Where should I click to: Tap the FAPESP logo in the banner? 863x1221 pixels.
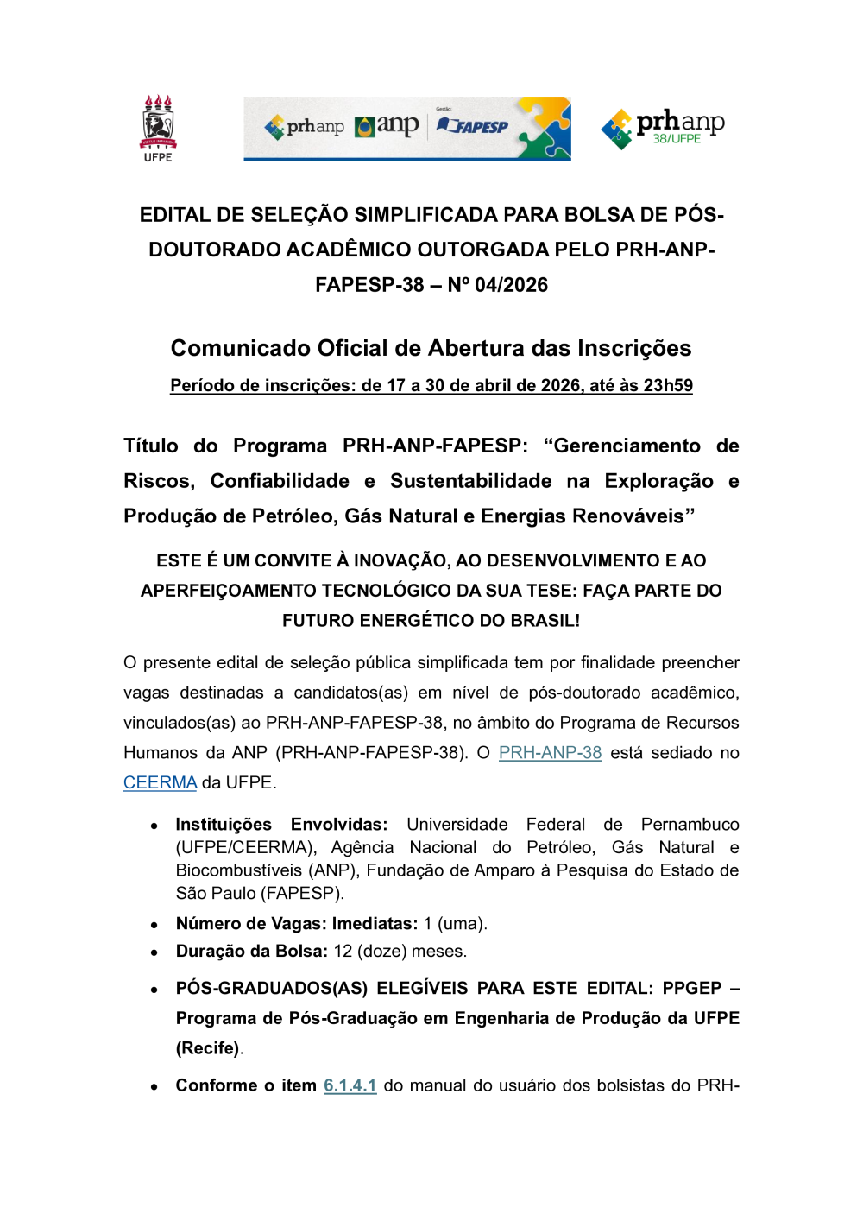pos(473,126)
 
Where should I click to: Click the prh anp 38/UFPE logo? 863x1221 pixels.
pos(663,128)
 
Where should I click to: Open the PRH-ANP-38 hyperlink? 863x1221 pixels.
pos(550,752)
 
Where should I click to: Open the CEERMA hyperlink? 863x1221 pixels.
pos(160,782)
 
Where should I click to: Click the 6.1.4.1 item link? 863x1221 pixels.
pos(350,1085)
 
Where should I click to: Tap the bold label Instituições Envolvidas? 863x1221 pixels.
pos(281,825)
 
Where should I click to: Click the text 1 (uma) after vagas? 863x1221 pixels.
pos(455,923)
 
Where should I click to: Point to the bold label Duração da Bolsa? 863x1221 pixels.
pos(251,951)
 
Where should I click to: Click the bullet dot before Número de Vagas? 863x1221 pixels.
pos(154,925)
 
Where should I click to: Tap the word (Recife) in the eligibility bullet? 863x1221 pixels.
pos(208,1047)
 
